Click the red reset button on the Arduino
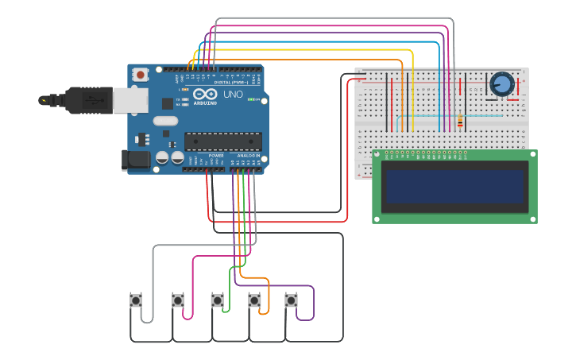pos(141,75)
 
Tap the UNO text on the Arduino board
pos(233,95)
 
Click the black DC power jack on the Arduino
pos(136,160)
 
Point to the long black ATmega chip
pos(223,141)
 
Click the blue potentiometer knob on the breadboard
pos(502,83)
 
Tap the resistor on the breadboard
pos(460,121)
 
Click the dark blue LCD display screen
pos(454,187)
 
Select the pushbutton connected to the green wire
pos(217,300)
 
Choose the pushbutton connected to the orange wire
pos(254,300)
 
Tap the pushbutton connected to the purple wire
pos(292,300)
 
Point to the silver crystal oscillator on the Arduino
pos(165,121)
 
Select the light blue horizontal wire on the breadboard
pos(469,116)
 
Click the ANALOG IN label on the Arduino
pos(248,155)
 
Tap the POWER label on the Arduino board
pos(215,155)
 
